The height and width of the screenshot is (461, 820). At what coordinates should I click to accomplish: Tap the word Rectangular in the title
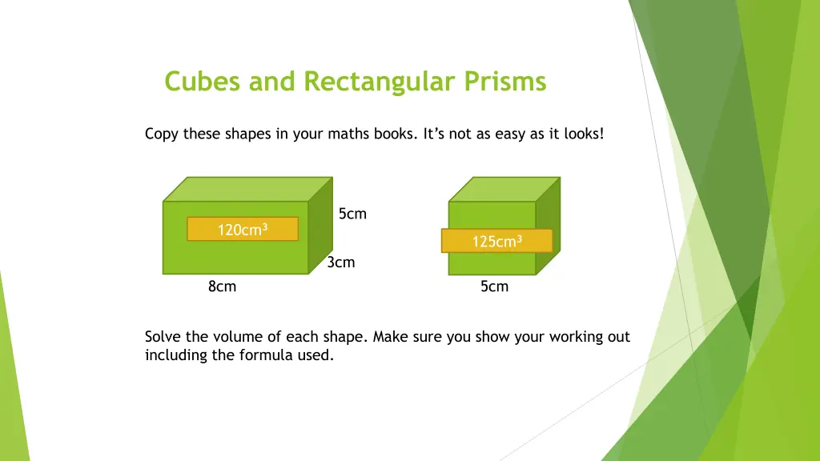tap(380, 82)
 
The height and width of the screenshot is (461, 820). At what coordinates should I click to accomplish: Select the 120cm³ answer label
tap(242, 230)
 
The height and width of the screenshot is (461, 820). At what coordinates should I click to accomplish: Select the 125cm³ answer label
tap(496, 241)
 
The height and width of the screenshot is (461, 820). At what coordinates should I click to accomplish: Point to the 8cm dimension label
tap(222, 287)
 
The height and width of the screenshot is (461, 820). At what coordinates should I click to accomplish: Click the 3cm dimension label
tap(341, 263)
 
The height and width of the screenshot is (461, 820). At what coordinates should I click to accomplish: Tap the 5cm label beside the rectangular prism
tap(352, 214)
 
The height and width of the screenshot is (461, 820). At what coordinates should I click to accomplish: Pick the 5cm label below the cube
tap(494, 287)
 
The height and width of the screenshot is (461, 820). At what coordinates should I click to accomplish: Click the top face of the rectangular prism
tap(247, 190)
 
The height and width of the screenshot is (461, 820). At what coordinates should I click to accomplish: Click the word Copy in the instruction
tap(162, 134)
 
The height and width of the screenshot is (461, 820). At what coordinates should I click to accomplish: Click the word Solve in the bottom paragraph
tap(163, 337)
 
